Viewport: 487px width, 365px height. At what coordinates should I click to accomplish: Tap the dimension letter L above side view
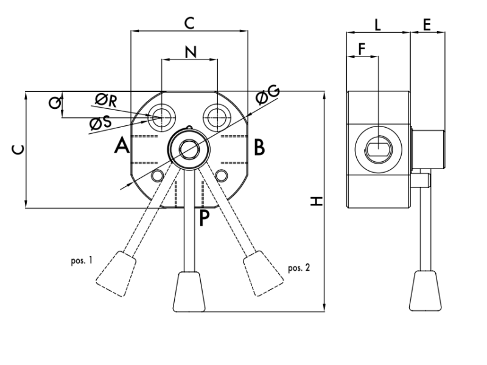point(378,25)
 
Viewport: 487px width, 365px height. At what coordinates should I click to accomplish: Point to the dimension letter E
point(426,25)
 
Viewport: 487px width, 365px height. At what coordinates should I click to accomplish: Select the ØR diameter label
point(105,99)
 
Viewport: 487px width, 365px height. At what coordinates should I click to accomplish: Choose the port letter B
point(259,147)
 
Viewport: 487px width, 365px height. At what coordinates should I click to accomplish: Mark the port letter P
point(205,218)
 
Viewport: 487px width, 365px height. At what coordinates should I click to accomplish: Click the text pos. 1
point(82,260)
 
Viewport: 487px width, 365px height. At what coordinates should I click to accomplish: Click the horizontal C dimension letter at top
point(189,23)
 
